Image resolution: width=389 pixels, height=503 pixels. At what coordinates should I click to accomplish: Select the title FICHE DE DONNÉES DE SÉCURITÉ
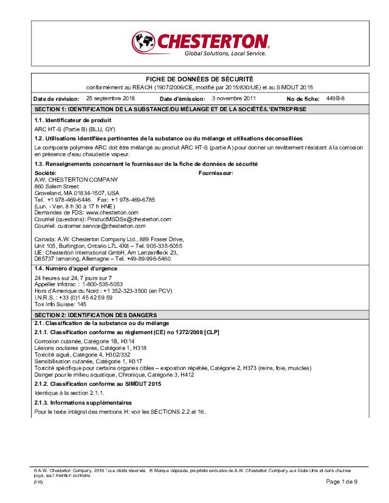coord(199,80)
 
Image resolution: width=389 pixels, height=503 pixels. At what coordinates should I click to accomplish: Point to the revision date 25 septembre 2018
coord(111,98)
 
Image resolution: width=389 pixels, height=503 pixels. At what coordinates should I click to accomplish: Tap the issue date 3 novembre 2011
coord(234,98)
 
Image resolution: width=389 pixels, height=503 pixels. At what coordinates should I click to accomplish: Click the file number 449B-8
coord(335,98)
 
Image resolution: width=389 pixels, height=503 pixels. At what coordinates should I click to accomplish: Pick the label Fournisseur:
coord(216,173)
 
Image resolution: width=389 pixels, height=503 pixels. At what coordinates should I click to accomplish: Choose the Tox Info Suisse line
coord(57,304)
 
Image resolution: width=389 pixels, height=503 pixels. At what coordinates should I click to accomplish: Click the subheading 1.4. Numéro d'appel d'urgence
coord(76,269)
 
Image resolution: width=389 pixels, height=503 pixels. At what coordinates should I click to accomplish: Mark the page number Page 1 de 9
coord(342,482)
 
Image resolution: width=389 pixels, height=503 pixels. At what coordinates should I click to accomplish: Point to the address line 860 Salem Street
coord(57,186)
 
